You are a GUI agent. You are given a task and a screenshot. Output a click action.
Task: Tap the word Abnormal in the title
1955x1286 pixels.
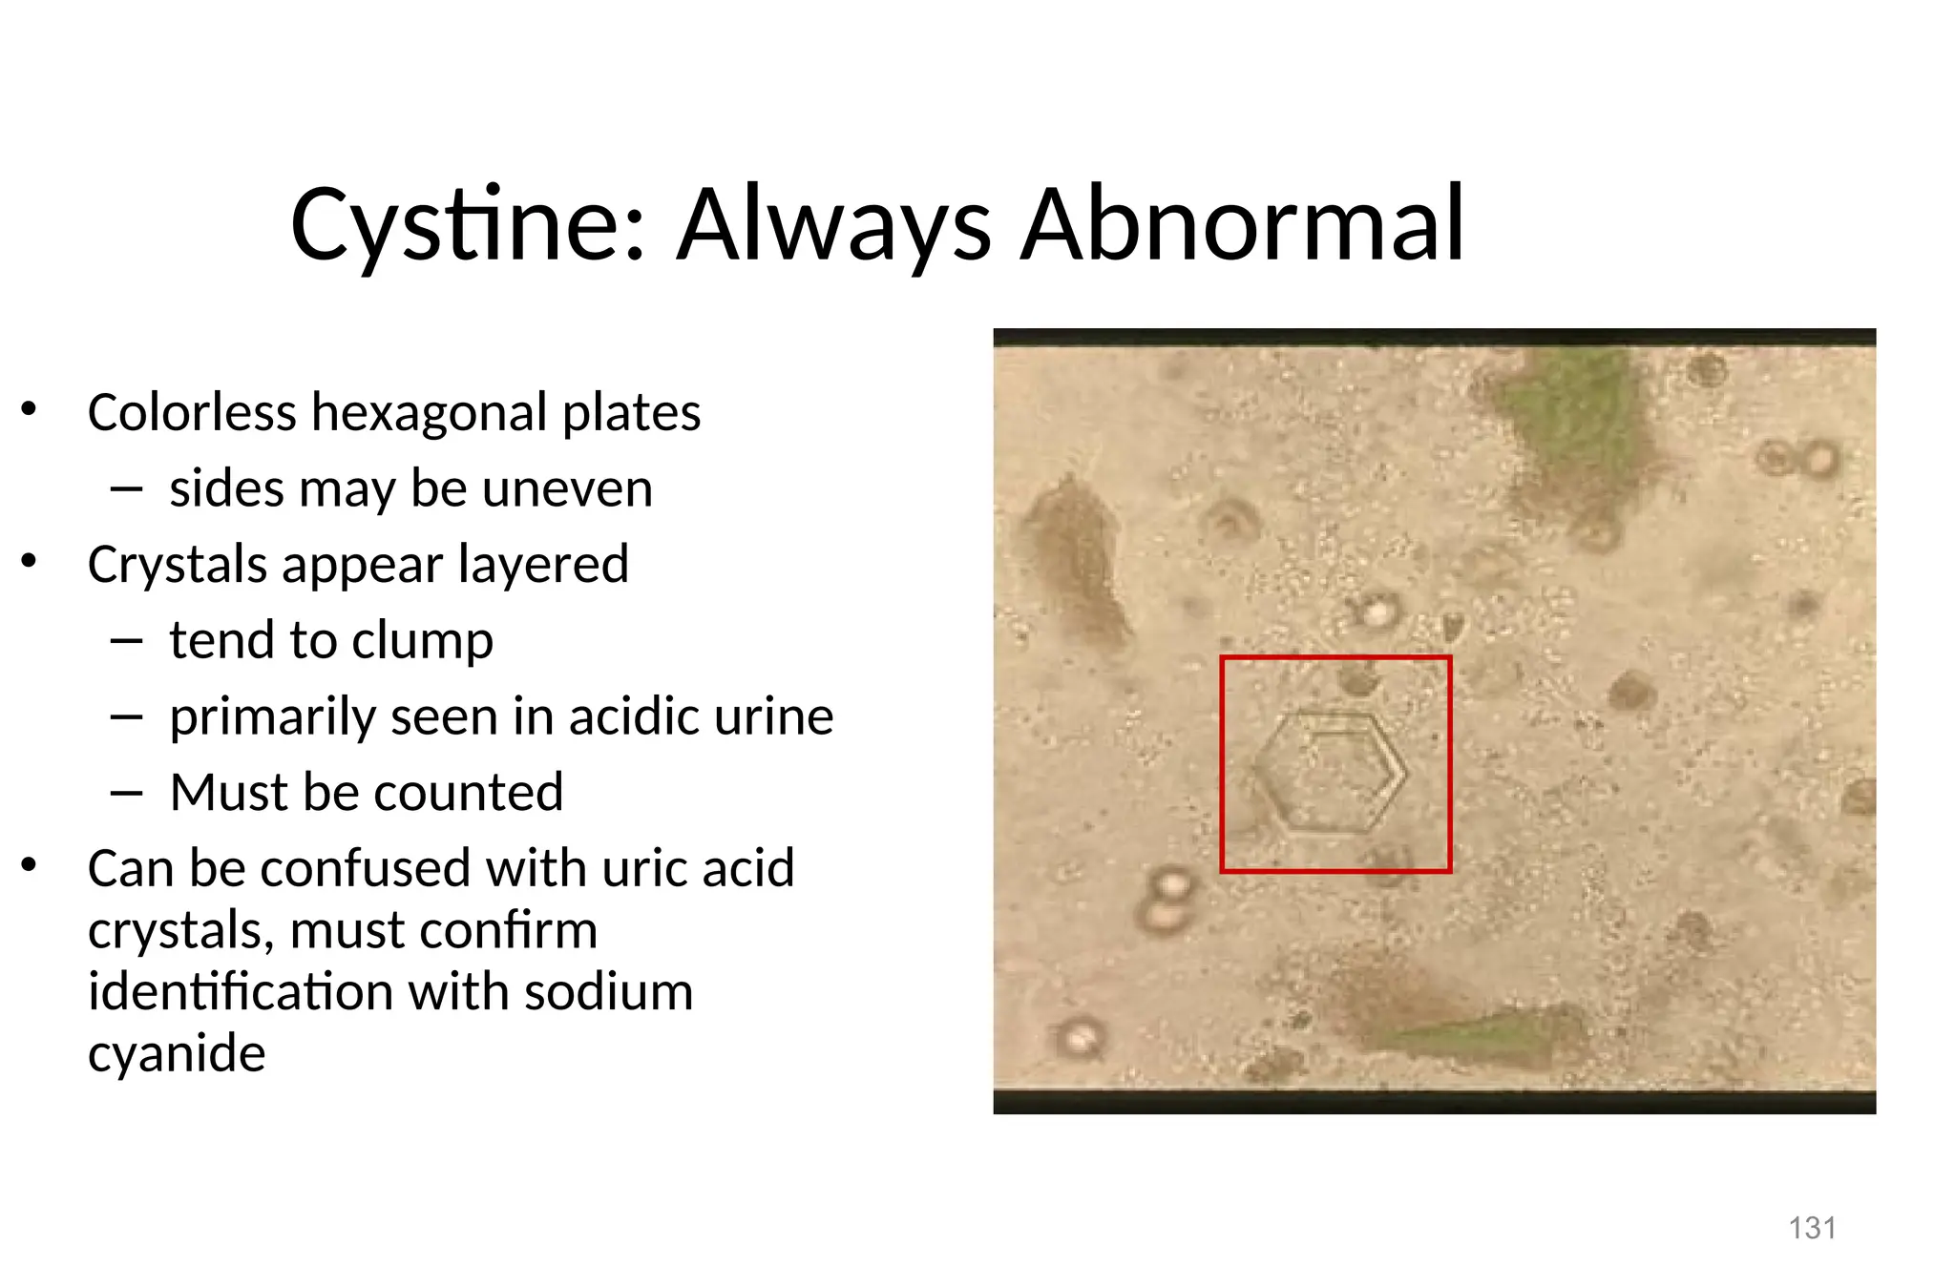[x=1242, y=225]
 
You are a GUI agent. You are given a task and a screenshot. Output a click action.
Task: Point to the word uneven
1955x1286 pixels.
[x=567, y=488]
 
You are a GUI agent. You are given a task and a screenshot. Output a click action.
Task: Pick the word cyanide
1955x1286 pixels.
[x=177, y=1052]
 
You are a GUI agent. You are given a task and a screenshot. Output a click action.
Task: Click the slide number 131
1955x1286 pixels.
[x=1812, y=1228]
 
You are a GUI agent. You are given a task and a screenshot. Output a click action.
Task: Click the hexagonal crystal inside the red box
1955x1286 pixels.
[x=1333, y=772]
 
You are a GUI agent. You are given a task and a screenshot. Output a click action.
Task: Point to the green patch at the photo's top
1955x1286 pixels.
[x=1580, y=420]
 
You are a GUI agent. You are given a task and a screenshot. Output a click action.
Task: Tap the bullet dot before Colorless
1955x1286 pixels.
[x=30, y=409]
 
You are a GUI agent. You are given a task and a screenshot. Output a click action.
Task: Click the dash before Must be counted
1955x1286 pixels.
[x=126, y=793]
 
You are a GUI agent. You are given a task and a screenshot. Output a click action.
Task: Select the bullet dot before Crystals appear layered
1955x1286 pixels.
[x=30, y=562]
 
